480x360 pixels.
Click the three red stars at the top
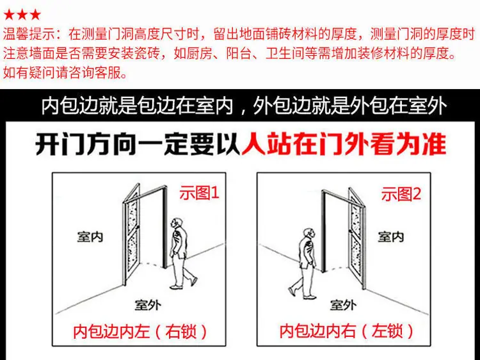click(x=22, y=14)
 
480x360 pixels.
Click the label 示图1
click(x=199, y=193)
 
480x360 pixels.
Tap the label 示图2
click(x=401, y=194)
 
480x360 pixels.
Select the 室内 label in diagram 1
click(x=90, y=237)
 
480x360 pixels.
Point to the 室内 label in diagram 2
click(x=390, y=237)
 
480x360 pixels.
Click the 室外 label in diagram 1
click(x=148, y=305)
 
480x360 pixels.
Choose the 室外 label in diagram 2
click(x=343, y=305)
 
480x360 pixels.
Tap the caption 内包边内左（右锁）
click(x=140, y=332)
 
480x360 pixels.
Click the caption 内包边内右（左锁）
click(x=346, y=332)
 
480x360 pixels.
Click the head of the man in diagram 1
click(x=176, y=223)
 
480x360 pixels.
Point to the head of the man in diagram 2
click(x=310, y=233)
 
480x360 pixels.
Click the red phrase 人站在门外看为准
click(x=344, y=143)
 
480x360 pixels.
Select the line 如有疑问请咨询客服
click(x=65, y=72)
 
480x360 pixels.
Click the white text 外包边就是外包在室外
click(x=350, y=106)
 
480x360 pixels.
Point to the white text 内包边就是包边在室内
click(x=137, y=106)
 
